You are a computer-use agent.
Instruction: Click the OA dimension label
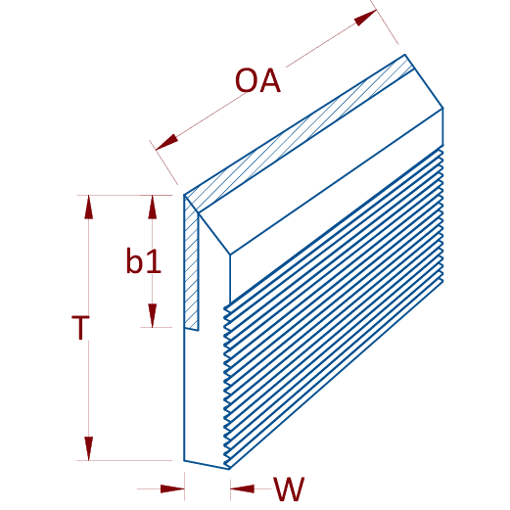coord(257,80)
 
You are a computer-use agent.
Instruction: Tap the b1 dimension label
coord(144,260)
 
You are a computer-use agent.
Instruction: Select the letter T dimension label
coord(80,327)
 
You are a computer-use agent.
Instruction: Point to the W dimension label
coord(289,488)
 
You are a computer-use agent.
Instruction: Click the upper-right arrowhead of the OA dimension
coord(365,18)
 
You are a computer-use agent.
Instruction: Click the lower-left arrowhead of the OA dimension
coord(167,142)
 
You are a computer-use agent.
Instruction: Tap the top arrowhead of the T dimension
coord(88,207)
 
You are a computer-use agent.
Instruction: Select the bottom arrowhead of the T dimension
coord(88,448)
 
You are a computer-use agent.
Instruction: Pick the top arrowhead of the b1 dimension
coord(152,207)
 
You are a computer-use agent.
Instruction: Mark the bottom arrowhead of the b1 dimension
coord(152,315)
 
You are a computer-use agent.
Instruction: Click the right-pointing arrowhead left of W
coord(172,488)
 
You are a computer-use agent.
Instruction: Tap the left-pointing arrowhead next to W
coord(242,488)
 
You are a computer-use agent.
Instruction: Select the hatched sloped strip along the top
coord(300,133)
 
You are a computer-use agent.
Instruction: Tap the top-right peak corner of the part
coord(405,55)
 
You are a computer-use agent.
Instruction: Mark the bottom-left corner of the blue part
coord(184,461)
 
